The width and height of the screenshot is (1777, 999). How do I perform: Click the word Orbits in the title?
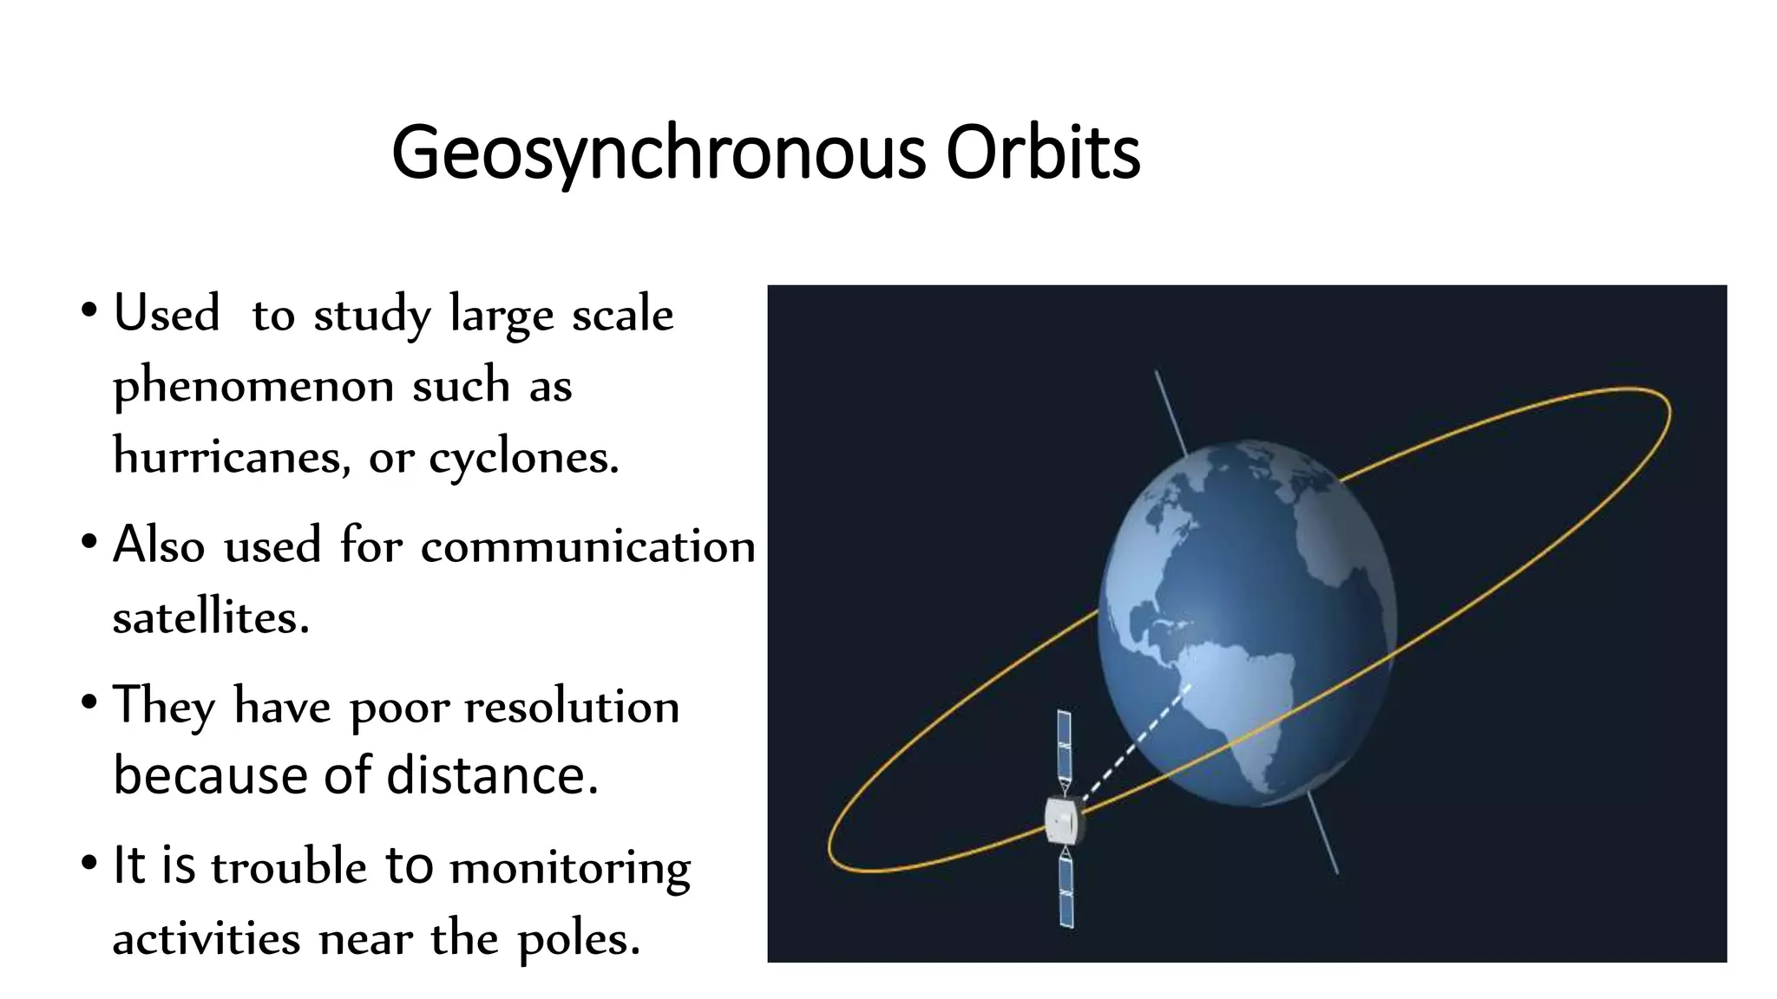coord(1042,153)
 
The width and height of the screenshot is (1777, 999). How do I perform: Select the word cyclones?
coord(524,458)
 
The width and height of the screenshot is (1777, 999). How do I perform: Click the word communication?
coord(587,546)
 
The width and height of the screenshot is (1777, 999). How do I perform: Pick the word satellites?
coord(210,617)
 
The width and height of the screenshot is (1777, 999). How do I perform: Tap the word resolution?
coord(572,707)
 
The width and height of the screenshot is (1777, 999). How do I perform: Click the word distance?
coord(492,774)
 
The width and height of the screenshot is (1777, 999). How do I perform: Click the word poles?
coord(579,939)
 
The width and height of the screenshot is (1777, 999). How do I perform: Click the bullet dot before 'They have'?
coord(89,703)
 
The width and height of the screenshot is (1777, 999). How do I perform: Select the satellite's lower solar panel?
coord(1066,893)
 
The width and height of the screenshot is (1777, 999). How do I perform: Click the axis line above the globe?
coord(1170,411)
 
